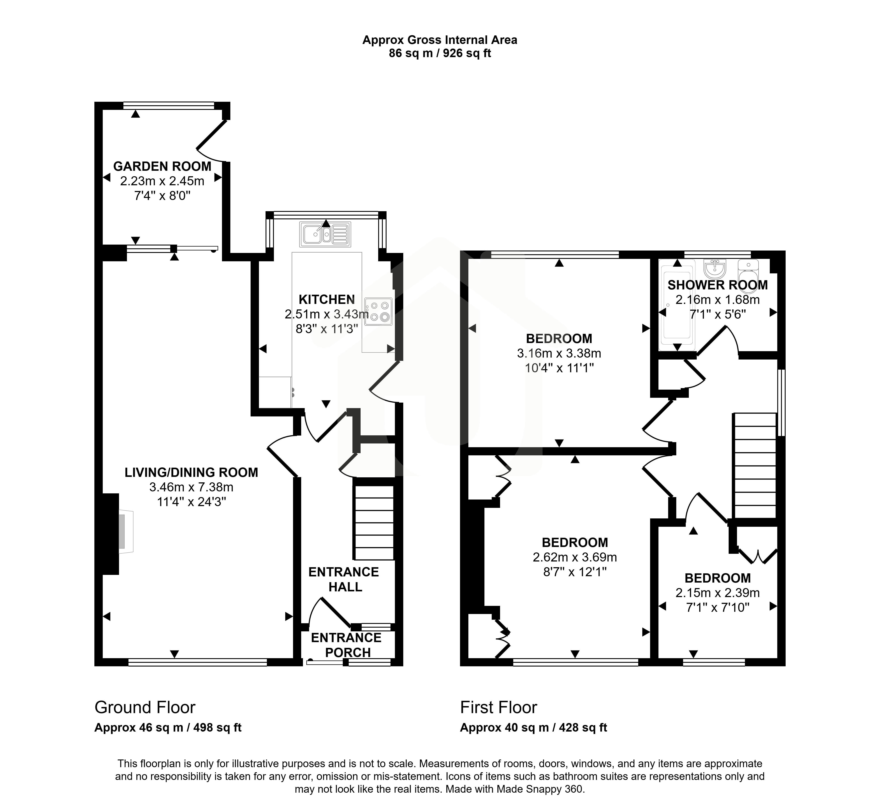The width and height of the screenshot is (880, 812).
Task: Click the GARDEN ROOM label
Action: click(162, 167)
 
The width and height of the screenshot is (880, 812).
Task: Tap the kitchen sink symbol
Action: click(325, 234)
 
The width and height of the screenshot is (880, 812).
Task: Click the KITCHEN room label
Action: click(327, 300)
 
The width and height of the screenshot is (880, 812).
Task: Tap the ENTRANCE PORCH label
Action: click(346, 645)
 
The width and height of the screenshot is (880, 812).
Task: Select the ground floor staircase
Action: click(373, 522)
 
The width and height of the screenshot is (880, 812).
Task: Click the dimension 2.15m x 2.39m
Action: click(718, 593)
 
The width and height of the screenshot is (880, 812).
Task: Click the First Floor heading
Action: click(499, 707)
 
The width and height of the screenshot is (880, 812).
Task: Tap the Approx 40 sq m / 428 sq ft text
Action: click(533, 728)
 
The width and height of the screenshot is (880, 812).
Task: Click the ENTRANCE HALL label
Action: click(344, 579)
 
